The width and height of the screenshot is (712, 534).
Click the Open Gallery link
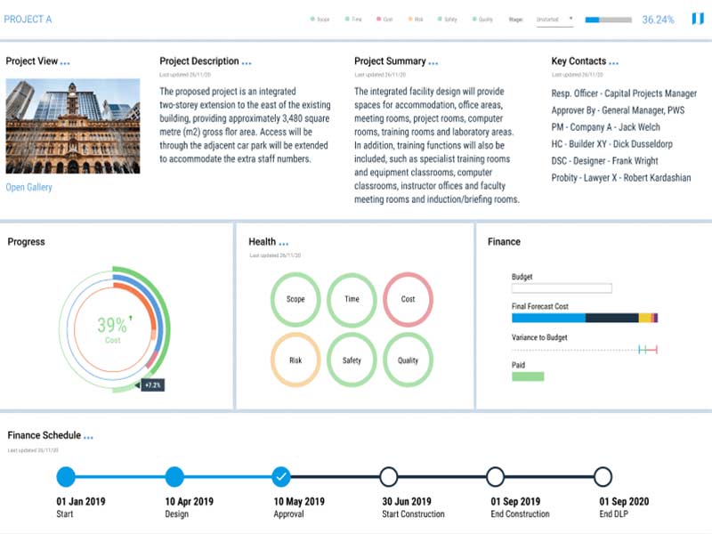pos(29,187)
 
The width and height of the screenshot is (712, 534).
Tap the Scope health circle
pos(295,299)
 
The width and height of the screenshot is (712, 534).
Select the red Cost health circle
pos(408,299)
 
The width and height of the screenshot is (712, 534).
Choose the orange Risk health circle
pos(295,360)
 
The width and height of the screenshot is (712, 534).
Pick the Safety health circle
pos(352,360)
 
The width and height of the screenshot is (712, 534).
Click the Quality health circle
pos(408,360)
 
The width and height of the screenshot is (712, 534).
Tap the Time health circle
pos(352,299)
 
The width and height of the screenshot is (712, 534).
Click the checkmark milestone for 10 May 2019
pos(281,477)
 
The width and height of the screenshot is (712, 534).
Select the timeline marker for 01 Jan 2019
pos(66,477)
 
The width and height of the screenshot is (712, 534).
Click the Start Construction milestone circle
pos(389,477)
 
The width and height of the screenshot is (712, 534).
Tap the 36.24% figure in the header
pos(658,19)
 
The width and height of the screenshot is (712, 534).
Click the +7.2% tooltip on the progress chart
pos(151,385)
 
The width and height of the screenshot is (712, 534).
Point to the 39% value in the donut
pos(112,325)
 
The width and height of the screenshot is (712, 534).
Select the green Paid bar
pos(528,376)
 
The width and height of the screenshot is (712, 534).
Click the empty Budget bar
pos(562,288)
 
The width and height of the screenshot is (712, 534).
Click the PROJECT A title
pos(28,19)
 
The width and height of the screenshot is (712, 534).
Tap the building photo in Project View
pos(73,125)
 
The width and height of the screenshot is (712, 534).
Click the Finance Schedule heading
pos(44,435)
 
